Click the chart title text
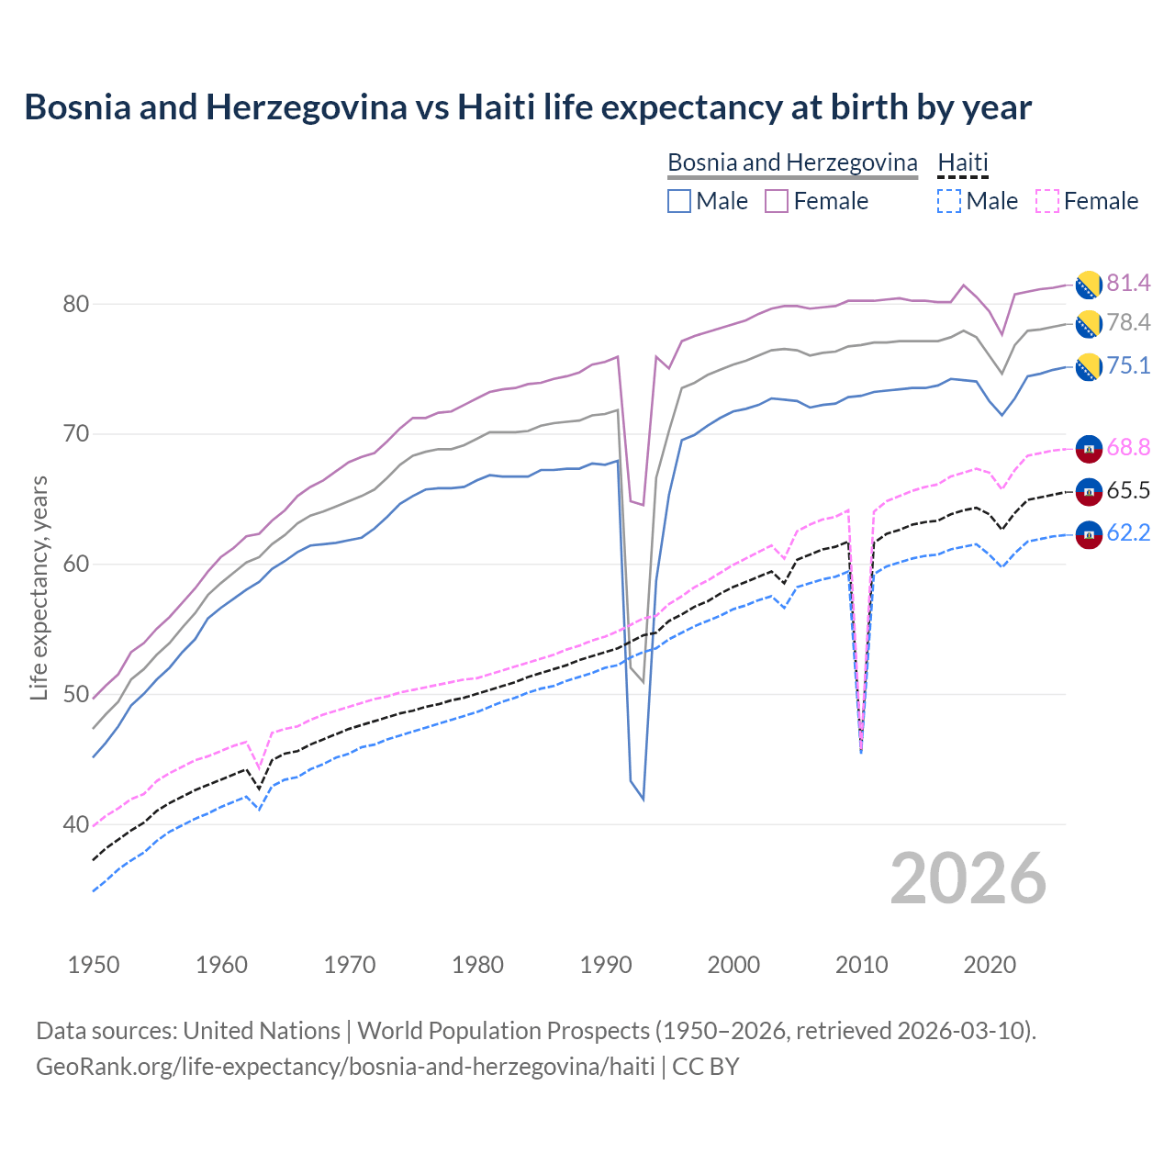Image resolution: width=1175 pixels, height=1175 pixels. [528, 107]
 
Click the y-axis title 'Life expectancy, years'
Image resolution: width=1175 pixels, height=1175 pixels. [39, 587]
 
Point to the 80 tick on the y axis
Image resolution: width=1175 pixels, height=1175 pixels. [75, 304]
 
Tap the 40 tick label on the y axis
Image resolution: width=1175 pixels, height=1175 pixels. [75, 824]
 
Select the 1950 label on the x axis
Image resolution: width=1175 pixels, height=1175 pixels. [94, 965]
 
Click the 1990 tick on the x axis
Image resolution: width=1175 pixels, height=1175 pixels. [606, 965]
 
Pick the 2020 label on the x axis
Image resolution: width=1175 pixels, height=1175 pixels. [990, 965]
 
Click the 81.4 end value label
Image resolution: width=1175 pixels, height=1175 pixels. [1128, 283]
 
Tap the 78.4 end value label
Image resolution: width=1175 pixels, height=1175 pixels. [1128, 322]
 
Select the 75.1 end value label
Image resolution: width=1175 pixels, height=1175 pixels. [1128, 365]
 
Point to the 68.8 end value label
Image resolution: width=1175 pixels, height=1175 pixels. [1128, 447]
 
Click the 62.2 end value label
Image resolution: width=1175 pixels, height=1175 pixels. [1128, 532]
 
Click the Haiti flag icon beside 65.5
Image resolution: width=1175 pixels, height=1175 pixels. [1089, 491]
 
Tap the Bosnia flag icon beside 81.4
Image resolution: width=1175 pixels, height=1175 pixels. [1089, 285]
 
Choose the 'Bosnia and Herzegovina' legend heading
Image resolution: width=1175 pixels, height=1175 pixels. [792, 162]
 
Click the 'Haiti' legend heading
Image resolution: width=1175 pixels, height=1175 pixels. [963, 162]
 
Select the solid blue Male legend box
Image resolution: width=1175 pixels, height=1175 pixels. [679, 201]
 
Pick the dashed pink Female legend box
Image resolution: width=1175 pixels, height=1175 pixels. [1046, 201]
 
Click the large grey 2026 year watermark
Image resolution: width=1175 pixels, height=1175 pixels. [968, 878]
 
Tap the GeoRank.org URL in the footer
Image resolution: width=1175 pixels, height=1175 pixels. [345, 1067]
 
